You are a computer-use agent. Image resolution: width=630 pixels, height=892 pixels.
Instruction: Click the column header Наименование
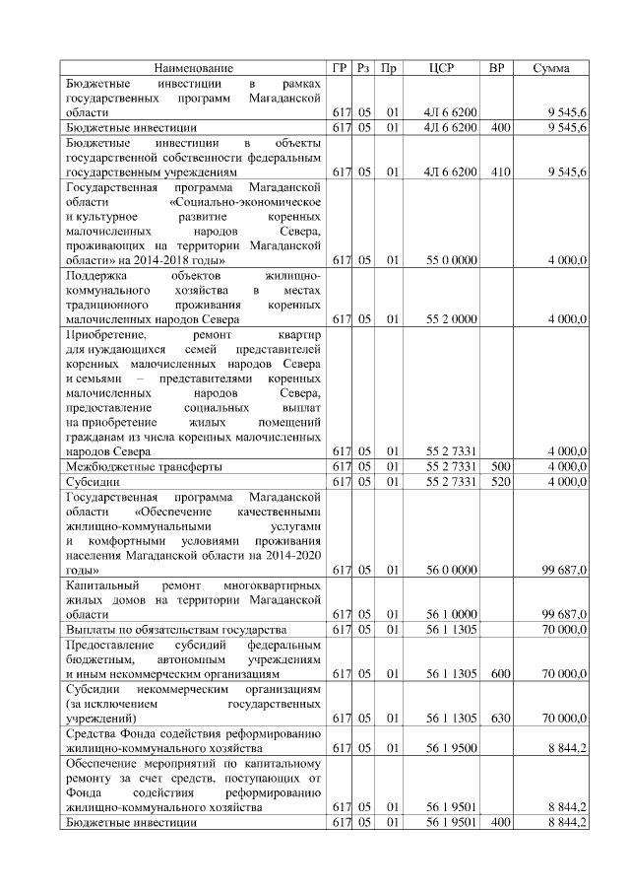click(x=193, y=68)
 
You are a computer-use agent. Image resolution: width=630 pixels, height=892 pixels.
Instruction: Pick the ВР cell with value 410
click(x=500, y=172)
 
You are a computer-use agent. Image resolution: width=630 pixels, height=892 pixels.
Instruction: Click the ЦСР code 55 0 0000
click(x=452, y=259)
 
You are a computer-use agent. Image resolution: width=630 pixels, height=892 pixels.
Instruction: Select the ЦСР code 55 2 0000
click(x=452, y=319)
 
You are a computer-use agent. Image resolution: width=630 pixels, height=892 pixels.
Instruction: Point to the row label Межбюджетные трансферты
click(x=143, y=466)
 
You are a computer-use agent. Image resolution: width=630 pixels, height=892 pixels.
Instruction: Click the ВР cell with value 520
click(x=500, y=481)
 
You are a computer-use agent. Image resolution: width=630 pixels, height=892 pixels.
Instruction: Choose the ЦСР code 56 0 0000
click(x=452, y=570)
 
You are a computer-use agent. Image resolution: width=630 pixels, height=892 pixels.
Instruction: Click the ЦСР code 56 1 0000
click(x=452, y=614)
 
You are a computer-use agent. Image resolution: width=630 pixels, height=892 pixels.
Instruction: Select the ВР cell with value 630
click(x=500, y=719)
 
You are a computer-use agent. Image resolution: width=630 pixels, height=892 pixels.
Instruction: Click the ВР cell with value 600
click(x=500, y=674)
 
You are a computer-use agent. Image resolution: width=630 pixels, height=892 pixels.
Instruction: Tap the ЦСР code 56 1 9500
click(x=452, y=748)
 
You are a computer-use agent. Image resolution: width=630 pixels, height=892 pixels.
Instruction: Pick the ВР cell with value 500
click(x=500, y=466)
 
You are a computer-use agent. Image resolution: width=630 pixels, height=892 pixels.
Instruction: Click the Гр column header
click(x=341, y=68)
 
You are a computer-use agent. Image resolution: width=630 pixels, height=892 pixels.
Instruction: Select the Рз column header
click(x=364, y=68)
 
